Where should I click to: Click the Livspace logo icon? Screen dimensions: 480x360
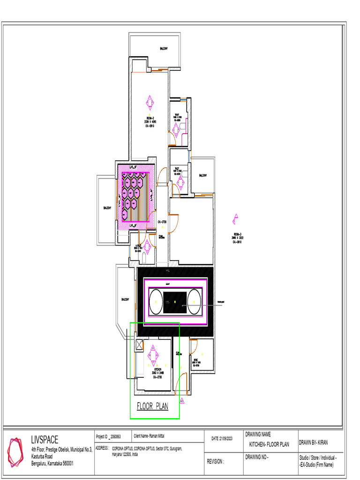pyautogui.click(x=15, y=453)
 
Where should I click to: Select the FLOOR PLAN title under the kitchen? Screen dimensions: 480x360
pyautogui.click(x=152, y=406)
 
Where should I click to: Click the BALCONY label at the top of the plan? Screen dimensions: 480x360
pyautogui.click(x=164, y=48)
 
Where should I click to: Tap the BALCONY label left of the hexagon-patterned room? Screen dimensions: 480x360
pyautogui.click(x=107, y=208)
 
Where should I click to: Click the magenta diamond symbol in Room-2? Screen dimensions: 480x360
pyautogui.click(x=150, y=102)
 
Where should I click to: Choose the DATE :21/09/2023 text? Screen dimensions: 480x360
pyautogui.click(x=222, y=439)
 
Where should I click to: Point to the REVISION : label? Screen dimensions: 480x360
pyautogui.click(x=216, y=462)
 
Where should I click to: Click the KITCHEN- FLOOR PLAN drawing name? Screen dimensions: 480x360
pyautogui.click(x=269, y=444)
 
